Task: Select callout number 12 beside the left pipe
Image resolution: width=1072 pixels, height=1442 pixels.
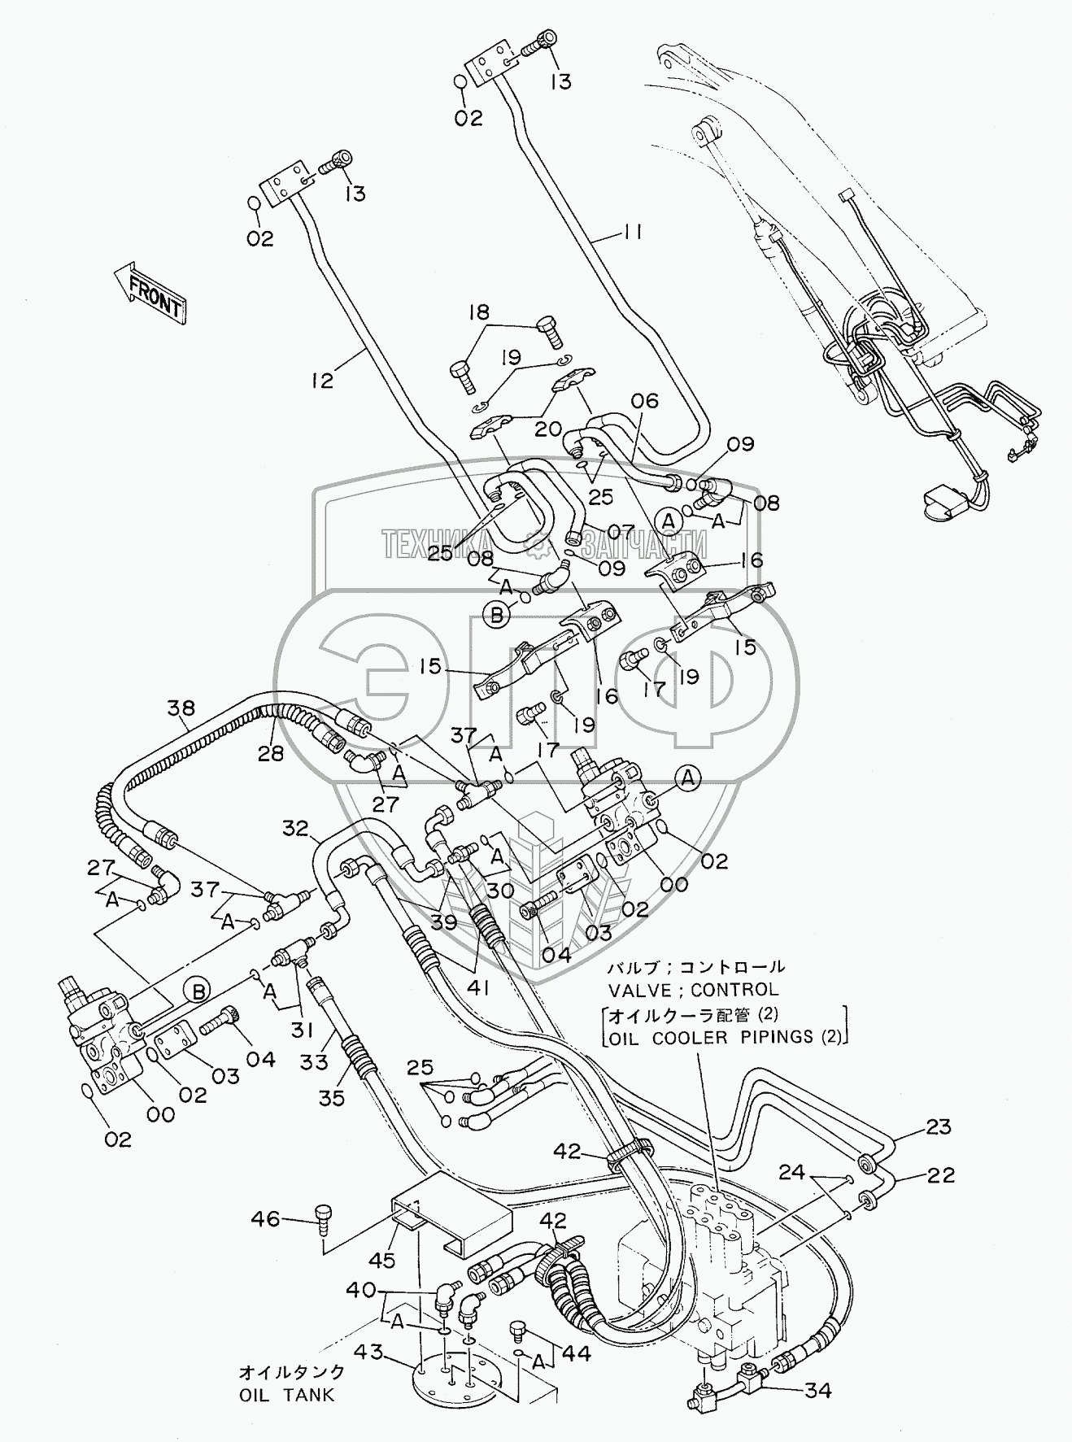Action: click(322, 380)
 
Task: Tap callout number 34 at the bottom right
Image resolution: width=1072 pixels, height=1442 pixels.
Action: click(817, 1392)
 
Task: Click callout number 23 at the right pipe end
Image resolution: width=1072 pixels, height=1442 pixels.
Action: click(939, 1126)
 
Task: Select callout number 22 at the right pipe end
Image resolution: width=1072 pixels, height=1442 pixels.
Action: click(939, 1174)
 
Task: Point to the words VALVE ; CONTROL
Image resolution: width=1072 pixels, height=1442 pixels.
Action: click(693, 990)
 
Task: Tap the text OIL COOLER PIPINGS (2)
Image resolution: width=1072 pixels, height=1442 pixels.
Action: click(727, 1036)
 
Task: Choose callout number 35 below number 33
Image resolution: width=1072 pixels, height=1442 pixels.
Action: click(333, 1098)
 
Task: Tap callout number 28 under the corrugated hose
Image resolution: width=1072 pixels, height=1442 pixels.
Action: click(271, 754)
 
